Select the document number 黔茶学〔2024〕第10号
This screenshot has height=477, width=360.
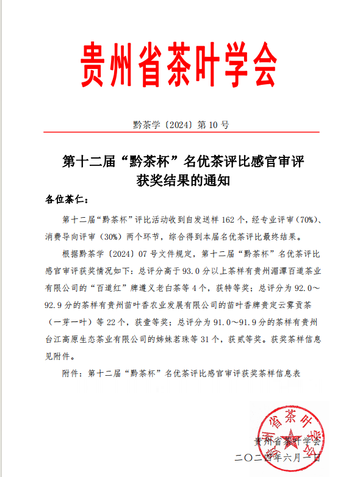(x=181, y=125)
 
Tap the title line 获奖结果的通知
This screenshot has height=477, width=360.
(x=180, y=181)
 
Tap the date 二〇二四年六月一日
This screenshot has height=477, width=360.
(x=277, y=457)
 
